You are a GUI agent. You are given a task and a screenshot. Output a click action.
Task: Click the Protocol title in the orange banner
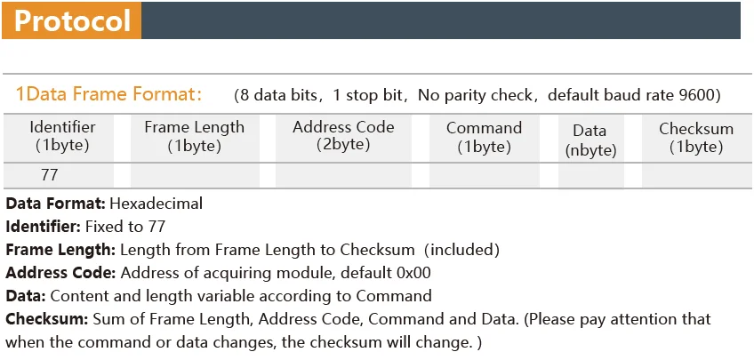pos(73,20)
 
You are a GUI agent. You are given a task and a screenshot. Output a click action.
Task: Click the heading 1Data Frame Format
pos(108,93)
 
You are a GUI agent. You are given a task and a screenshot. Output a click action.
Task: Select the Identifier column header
pos(62,136)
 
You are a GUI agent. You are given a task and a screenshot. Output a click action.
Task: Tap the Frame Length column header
pos(194,136)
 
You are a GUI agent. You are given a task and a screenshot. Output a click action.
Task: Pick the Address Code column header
pos(343,135)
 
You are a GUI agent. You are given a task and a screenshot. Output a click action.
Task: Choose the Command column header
pos(484,136)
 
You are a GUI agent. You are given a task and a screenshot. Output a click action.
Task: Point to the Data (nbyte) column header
pos(591,140)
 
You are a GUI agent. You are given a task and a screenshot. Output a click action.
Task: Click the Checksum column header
pos(696,137)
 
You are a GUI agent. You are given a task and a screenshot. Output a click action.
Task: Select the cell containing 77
pos(50,175)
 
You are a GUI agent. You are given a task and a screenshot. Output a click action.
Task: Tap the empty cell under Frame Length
pos(194,175)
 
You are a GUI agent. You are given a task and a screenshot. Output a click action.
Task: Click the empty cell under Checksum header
pos(696,175)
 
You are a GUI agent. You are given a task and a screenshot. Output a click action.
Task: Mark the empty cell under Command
pos(484,175)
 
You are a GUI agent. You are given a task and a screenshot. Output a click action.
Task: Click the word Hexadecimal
pos(156,204)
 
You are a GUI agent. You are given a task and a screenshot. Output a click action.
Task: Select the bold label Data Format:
pos(55,204)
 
